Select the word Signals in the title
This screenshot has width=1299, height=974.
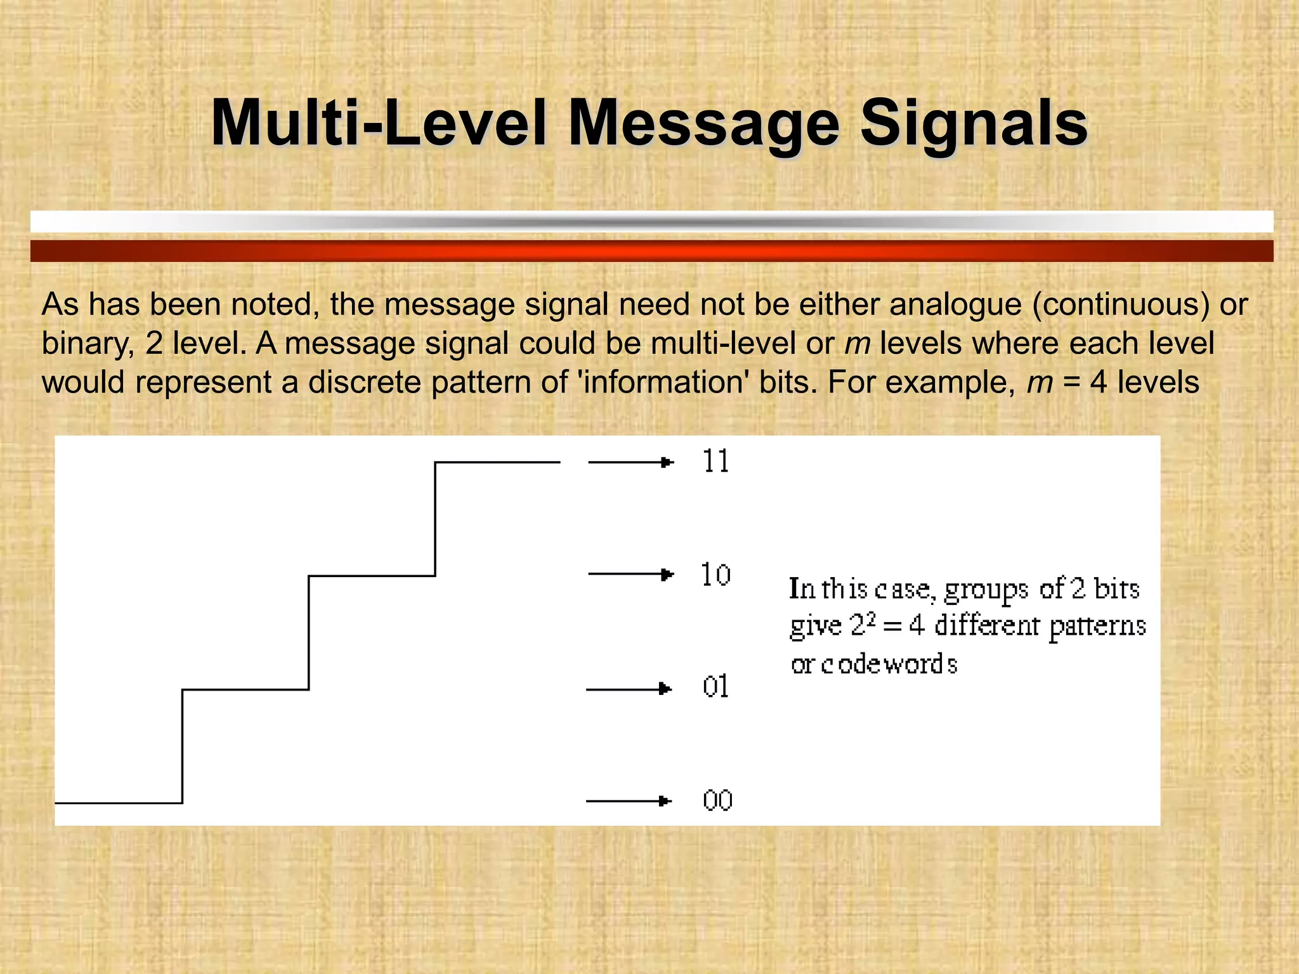974,124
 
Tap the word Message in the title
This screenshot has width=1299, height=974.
703,124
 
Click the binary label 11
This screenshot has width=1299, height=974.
716,461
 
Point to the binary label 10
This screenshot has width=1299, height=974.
715,575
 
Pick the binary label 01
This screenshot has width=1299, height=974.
715,687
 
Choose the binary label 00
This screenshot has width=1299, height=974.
717,800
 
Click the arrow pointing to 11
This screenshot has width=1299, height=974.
630,462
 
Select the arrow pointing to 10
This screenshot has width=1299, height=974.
630,575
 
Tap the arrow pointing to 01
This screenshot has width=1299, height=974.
629,689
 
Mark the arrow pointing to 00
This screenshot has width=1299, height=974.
629,801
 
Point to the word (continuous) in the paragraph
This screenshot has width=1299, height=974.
1121,304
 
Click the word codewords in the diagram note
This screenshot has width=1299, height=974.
889,665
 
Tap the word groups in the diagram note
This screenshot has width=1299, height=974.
986,590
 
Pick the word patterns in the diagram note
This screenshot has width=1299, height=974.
1097,627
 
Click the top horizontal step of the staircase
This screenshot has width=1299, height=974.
497,462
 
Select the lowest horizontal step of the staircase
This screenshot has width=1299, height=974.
119,803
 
